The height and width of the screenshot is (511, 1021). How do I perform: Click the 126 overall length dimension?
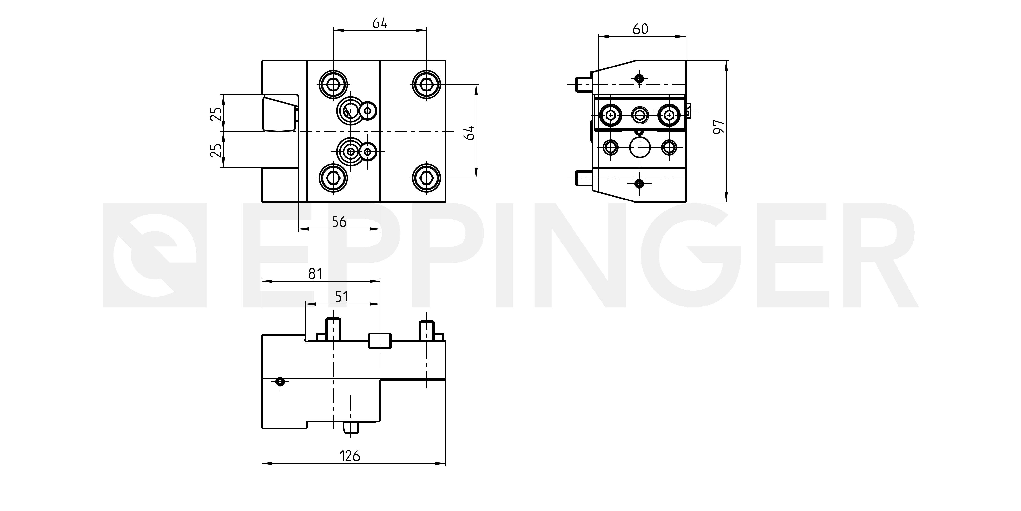[350, 456]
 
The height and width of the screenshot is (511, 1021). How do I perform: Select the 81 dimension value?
[315, 274]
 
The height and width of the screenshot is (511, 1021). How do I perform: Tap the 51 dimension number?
[341, 296]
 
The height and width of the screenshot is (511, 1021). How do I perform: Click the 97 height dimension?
[719, 127]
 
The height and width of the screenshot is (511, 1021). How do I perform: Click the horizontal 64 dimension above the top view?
[380, 23]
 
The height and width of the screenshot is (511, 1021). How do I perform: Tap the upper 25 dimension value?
[216, 114]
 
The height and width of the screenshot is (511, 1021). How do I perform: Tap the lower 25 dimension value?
[216, 151]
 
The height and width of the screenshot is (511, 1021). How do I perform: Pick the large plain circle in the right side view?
[640, 148]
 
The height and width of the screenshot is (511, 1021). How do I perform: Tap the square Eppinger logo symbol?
[155, 256]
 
